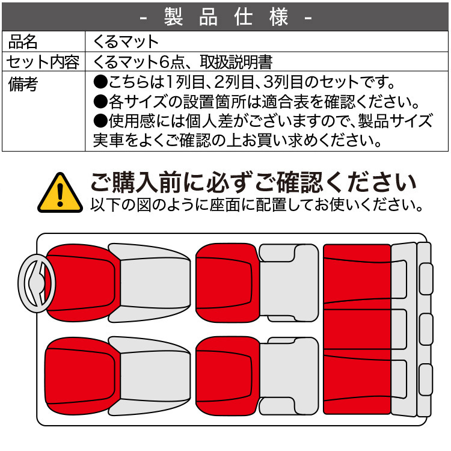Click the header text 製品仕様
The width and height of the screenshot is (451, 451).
point(226,16)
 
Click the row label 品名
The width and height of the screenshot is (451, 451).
point(23,41)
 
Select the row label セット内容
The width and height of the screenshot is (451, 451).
point(43,61)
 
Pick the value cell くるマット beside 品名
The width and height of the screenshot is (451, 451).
point(126,41)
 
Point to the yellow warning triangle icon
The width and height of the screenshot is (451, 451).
point(60,192)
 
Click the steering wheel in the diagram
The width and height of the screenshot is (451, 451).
point(37,284)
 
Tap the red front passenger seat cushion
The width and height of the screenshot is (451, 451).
point(81,376)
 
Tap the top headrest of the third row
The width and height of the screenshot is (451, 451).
point(426,278)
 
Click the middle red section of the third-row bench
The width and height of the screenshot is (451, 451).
point(357,330)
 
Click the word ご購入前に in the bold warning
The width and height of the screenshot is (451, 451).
point(141,181)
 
